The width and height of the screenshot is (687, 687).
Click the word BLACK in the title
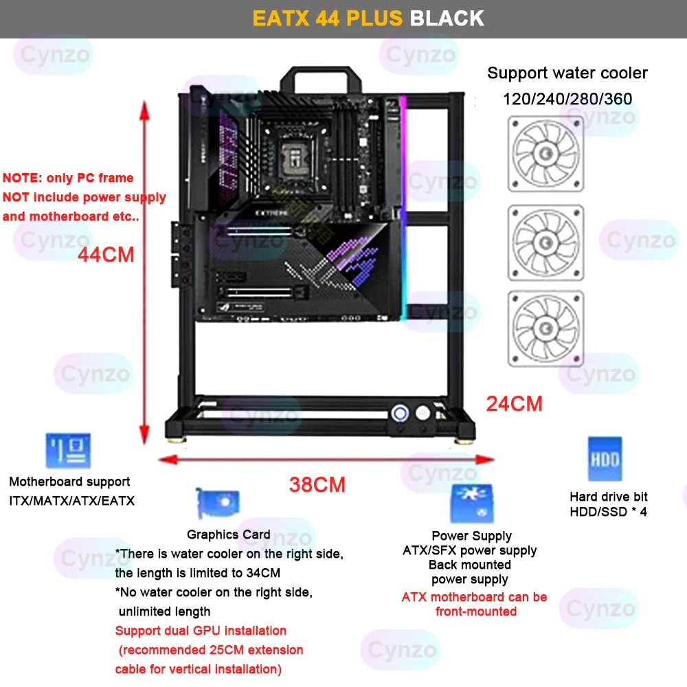(447, 18)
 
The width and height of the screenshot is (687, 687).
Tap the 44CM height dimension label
(106, 254)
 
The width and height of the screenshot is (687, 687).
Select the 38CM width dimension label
(317, 484)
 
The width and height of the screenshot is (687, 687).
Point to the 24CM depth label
(514, 403)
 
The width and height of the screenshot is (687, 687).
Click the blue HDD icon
(605, 459)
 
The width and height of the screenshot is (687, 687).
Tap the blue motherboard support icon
(68, 451)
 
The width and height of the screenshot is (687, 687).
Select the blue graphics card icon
(217, 504)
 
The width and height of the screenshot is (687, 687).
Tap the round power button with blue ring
(399, 412)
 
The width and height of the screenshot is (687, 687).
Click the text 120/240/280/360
(567, 98)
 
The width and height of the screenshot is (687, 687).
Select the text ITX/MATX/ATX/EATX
(71, 501)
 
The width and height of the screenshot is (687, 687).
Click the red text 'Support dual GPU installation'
(201, 631)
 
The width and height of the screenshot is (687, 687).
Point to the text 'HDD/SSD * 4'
(608, 511)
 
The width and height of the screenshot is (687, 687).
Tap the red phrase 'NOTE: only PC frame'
(68, 178)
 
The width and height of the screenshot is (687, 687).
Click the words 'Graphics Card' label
(228, 534)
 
